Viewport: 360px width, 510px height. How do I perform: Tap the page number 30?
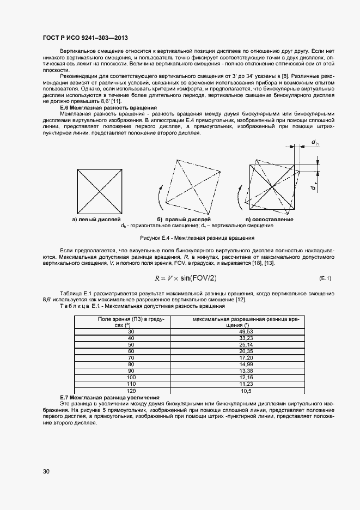point(46,471)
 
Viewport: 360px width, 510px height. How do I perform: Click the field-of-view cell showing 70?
point(131,358)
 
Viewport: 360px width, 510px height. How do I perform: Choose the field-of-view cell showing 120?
point(131,391)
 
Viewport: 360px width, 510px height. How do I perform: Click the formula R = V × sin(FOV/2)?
point(186,278)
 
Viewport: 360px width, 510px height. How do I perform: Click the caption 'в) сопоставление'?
point(270,219)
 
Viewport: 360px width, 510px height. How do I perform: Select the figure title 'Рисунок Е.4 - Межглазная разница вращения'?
point(197,238)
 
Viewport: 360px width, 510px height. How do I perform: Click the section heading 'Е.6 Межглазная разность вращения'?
point(109,107)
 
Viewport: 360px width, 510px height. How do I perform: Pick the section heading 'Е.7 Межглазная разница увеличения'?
point(109,398)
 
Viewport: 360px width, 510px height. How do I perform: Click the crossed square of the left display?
point(99,191)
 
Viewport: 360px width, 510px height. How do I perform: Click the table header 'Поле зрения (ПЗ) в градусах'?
point(131,322)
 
